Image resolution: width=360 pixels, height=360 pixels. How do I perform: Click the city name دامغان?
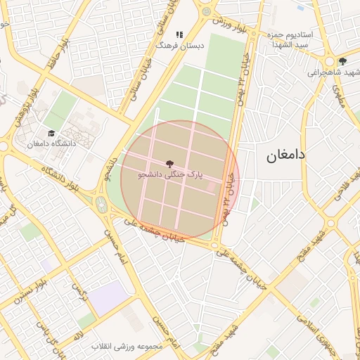coord(285,155)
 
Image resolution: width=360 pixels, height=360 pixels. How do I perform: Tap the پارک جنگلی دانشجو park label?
coord(172,173)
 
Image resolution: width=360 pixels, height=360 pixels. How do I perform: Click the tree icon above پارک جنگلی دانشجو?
coord(171,163)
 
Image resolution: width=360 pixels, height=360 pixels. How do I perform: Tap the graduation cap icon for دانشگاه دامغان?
coord(51,133)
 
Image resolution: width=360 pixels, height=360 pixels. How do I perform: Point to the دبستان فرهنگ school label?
coord(179,45)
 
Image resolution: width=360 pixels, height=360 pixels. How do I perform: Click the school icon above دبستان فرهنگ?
coord(179,34)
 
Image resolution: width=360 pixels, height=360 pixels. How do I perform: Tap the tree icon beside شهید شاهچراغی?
coord(342,61)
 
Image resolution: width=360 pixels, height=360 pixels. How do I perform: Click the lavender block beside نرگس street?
coord(109,298)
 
